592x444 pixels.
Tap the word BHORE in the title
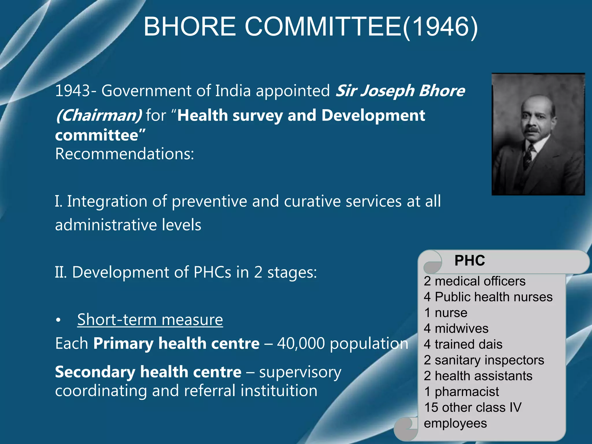[x=190, y=27]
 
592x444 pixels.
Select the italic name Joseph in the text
[x=387, y=91]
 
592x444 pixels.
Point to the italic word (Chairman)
[x=99, y=116]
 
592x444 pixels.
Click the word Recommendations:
[x=125, y=154]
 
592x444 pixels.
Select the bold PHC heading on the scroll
[x=470, y=260]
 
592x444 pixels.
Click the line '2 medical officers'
[x=475, y=281]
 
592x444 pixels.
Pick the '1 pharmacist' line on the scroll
[x=461, y=392]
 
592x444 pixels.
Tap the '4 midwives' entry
[x=456, y=329]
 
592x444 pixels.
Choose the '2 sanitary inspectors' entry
[x=484, y=360]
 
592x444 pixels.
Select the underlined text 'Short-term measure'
[x=150, y=320]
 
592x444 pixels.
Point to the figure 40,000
[x=301, y=343]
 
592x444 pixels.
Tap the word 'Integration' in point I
[x=107, y=201]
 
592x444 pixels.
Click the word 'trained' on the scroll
[x=453, y=345]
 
